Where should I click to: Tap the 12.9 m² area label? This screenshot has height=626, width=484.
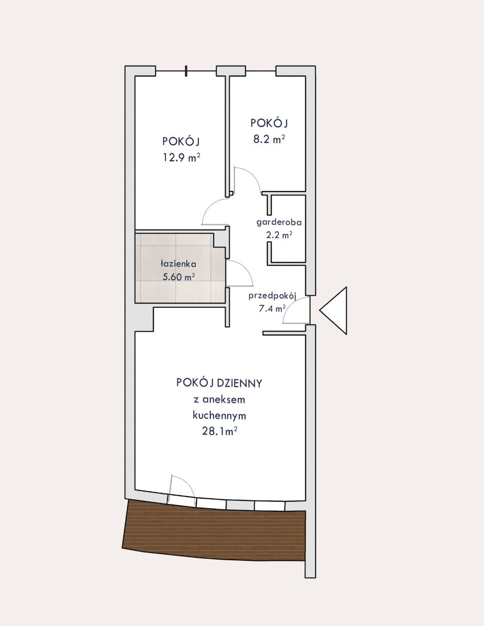tap(182, 158)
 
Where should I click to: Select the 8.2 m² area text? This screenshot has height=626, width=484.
tap(269, 139)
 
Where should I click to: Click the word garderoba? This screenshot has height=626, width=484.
tap(279, 222)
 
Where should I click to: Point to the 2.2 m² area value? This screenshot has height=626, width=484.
tap(279, 235)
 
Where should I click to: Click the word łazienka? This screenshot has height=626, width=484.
tap(179, 263)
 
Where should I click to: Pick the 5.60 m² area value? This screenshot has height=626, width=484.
tap(179, 277)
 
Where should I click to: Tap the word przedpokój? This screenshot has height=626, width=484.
tap(273, 296)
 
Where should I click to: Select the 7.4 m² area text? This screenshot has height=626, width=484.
tap(272, 309)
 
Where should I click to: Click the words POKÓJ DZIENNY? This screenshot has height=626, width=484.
tap(219, 383)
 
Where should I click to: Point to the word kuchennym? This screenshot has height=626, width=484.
tap(219, 416)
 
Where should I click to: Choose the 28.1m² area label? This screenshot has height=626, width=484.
tap(220, 432)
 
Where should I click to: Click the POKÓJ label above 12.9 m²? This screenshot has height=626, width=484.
tap(181, 142)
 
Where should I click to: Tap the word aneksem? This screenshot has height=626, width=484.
tap(223, 400)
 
